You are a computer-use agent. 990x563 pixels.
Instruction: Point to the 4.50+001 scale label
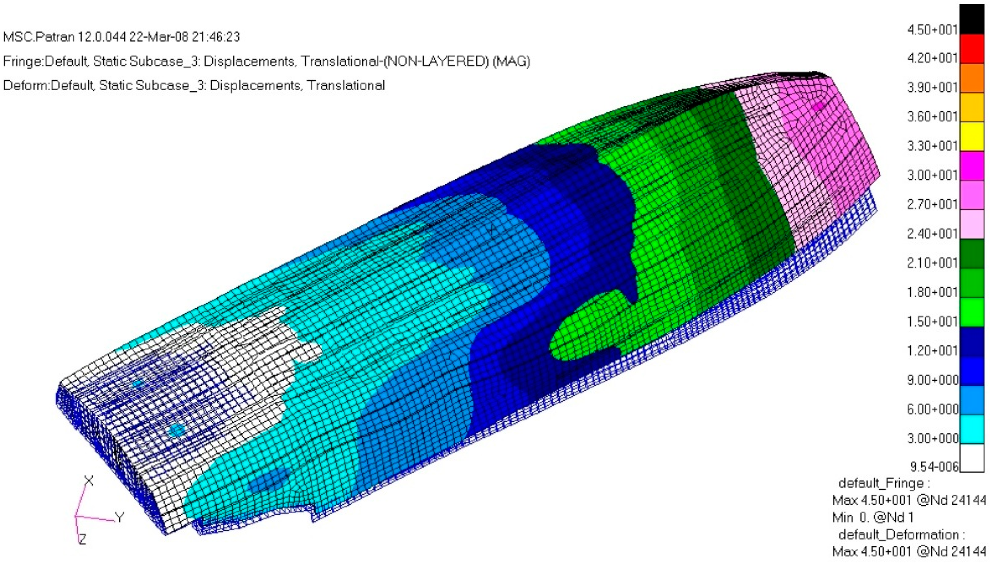932,30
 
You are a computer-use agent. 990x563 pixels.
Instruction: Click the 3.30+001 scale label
932,146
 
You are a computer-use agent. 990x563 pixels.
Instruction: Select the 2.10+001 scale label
932,263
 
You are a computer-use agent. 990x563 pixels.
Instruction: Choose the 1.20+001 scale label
932,351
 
